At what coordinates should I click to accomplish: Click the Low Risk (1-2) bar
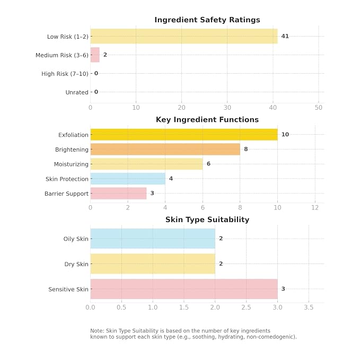pos(184,36)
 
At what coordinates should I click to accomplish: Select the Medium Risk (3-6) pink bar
pos(95,55)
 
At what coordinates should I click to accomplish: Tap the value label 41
pos(285,36)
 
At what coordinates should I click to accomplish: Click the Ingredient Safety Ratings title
pos(207,20)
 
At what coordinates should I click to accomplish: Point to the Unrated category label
pos(77,92)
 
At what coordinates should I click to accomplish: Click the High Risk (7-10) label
pos(65,74)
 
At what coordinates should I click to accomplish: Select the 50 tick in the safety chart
pos(319,108)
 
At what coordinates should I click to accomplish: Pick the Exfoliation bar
pos(184,135)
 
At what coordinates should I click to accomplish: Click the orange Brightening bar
pos(165,149)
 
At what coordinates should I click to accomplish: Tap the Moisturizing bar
pos(146,164)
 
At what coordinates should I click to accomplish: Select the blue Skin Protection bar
pos(128,179)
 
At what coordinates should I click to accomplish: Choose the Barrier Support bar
pos(118,194)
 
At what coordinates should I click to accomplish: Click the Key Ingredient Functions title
pos(207,120)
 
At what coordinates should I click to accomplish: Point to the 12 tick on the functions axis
pos(315,207)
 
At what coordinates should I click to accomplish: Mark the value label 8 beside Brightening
pos(246,149)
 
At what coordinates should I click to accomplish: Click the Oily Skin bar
pos(153,239)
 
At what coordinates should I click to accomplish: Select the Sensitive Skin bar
pos(184,289)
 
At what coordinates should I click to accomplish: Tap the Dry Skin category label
pos(76,264)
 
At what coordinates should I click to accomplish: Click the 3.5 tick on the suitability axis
pos(309,307)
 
